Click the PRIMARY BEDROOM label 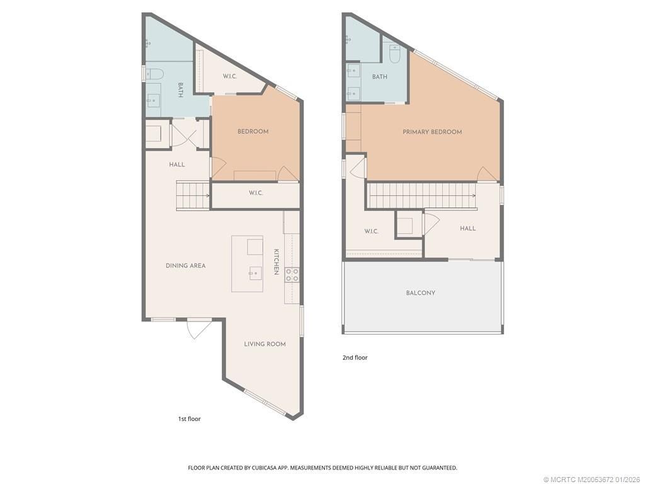click(x=432, y=132)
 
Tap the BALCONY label click(x=421, y=293)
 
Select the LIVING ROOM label click(x=265, y=344)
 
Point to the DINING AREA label click(x=186, y=266)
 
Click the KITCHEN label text click(x=276, y=261)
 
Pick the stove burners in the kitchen click(x=292, y=274)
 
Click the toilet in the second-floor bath click(x=395, y=55)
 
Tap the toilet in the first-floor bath click(x=154, y=74)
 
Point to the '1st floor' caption click(x=189, y=418)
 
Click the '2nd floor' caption click(x=355, y=357)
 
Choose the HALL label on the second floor click(x=467, y=229)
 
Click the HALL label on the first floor click(x=177, y=164)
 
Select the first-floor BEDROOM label click(x=253, y=132)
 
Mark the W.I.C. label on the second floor click(x=371, y=231)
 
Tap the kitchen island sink click(x=255, y=273)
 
